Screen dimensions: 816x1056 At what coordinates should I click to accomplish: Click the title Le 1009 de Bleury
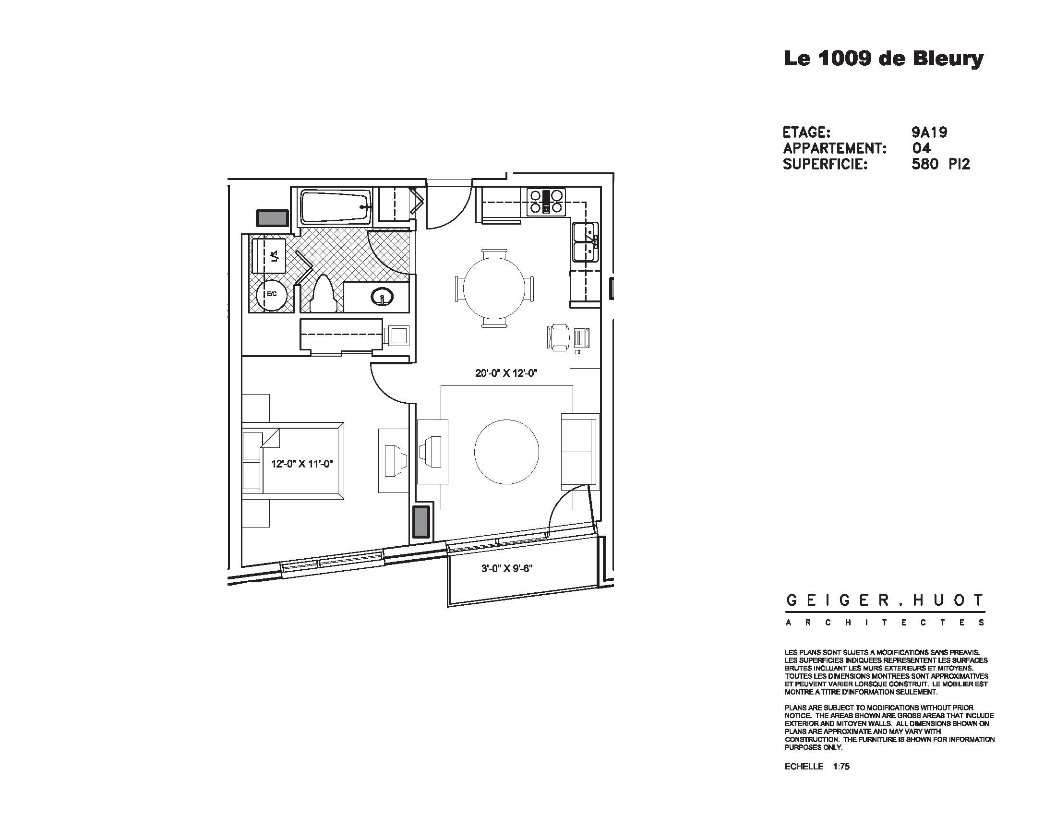point(883,59)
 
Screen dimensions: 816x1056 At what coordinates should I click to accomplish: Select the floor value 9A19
point(929,132)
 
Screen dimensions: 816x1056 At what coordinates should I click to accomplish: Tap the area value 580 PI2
point(940,164)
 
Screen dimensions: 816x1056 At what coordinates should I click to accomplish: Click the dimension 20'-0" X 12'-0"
point(506,373)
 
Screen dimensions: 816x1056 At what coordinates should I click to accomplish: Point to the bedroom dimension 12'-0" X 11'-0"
point(302,464)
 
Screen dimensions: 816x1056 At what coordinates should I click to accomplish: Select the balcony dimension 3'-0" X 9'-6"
point(506,568)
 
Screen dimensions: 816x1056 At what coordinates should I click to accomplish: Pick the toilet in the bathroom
point(322,292)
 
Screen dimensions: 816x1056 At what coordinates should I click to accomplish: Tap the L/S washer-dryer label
point(275,256)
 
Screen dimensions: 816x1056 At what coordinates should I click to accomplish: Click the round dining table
point(494,288)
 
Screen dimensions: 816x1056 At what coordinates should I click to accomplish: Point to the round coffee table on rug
point(506,452)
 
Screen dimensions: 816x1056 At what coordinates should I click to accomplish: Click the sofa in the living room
point(579,451)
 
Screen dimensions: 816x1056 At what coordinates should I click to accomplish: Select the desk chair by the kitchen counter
point(558,336)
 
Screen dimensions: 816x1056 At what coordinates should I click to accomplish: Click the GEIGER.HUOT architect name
point(884,600)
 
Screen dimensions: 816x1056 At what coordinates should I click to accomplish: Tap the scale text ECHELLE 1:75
point(816,780)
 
